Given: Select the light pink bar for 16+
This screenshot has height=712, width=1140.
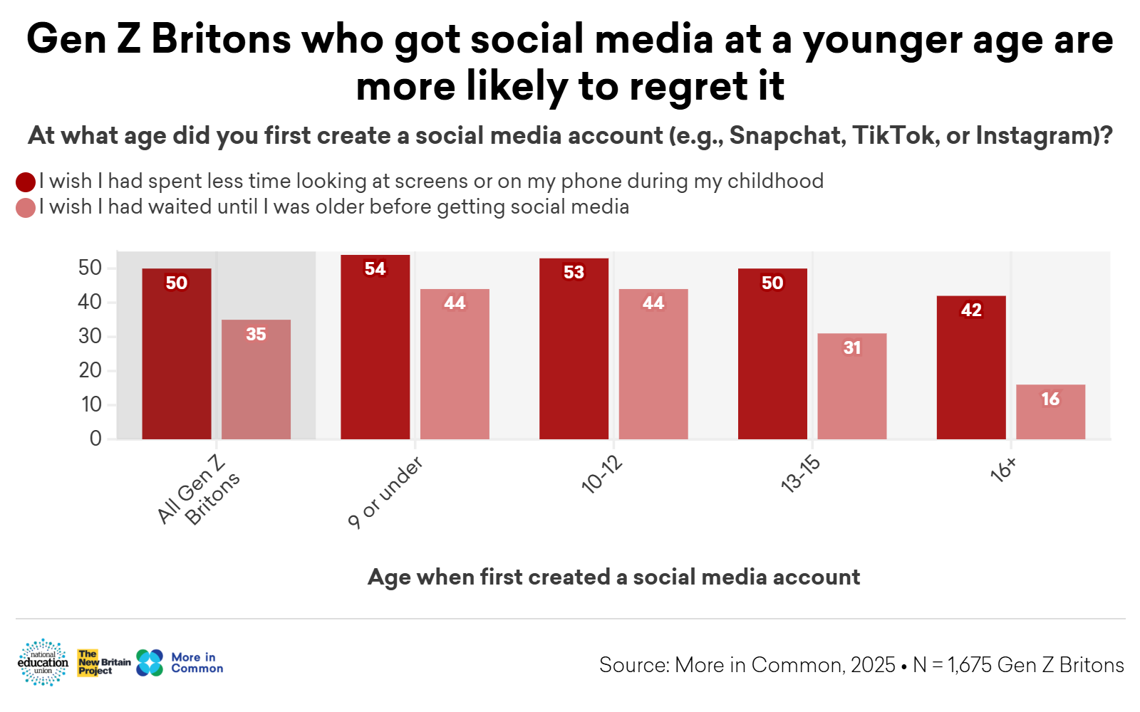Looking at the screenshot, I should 1050,412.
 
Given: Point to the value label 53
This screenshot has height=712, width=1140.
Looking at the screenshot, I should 574,272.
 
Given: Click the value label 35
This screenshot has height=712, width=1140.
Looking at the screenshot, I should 256,334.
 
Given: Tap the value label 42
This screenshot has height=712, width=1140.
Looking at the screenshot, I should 971,310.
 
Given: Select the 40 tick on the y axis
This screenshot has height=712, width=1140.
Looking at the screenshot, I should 90,302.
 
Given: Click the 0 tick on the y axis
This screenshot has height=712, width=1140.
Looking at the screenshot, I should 95,439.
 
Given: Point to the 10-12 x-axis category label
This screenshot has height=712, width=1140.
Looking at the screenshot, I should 602,475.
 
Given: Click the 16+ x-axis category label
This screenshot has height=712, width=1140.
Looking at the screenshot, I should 1003,471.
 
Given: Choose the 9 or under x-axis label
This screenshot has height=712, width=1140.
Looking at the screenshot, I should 385,493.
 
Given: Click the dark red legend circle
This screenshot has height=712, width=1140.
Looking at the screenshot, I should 26,182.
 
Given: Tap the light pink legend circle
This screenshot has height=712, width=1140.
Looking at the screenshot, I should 26,208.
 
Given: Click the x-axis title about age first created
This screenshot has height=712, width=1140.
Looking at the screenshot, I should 613,577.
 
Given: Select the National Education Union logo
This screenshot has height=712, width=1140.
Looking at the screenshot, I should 43,662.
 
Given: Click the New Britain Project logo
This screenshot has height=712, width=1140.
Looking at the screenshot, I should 104,662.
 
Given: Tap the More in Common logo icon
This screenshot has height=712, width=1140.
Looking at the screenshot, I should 150,663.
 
